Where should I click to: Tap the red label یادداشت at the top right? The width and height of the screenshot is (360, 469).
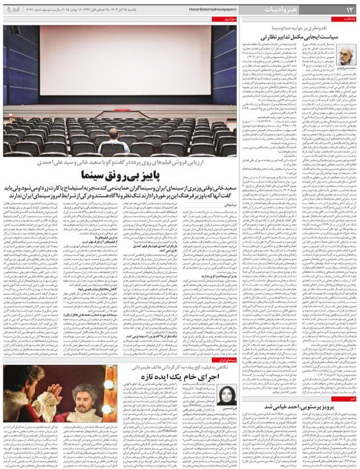(348, 19)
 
